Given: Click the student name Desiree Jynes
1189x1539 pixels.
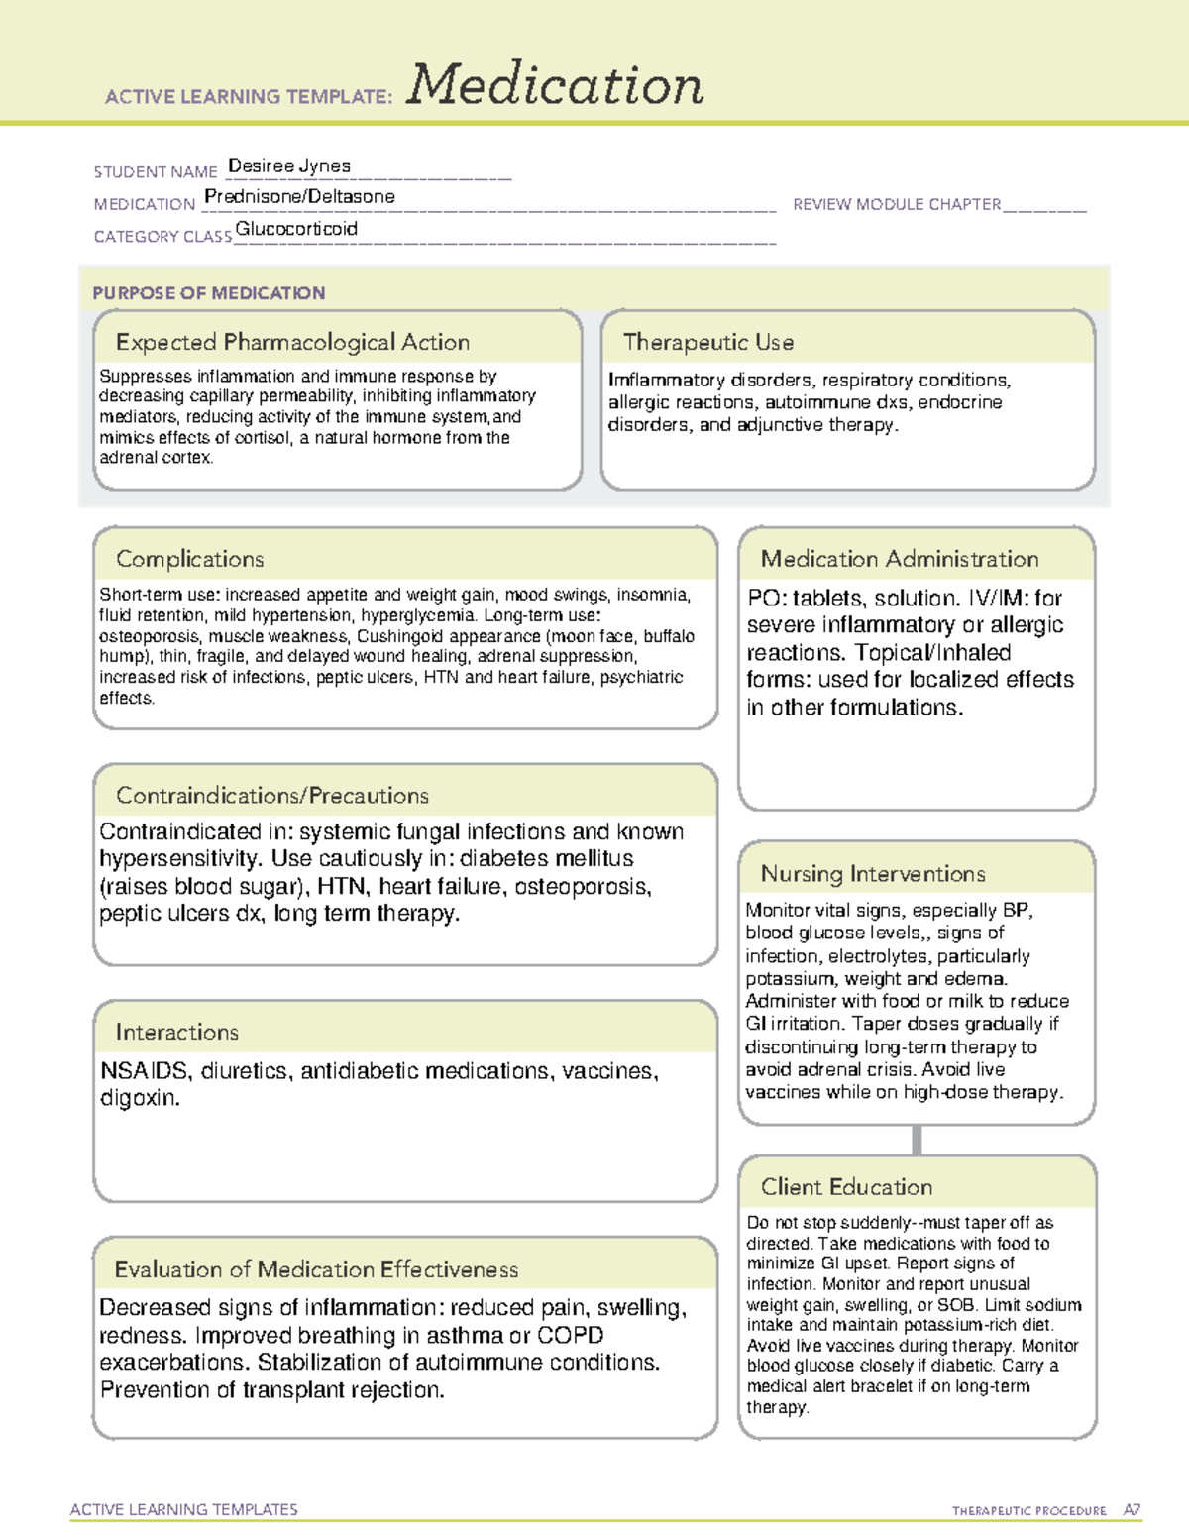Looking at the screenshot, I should click(x=289, y=165).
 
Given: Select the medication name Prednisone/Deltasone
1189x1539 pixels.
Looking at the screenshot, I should click(x=299, y=196).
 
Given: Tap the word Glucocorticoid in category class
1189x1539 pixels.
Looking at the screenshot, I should click(x=296, y=229).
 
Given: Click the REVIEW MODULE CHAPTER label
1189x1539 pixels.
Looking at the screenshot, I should click(x=896, y=204).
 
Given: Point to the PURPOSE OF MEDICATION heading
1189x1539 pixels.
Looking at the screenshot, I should click(x=208, y=293).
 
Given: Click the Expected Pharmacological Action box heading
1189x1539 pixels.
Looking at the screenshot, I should click(x=292, y=342).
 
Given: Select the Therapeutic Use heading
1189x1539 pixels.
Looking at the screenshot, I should click(x=707, y=342).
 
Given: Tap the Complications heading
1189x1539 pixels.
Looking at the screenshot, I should click(x=189, y=559).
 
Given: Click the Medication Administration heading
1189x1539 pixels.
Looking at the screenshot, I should click(x=899, y=559).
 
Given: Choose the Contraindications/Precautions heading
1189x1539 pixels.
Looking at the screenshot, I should click(x=271, y=795).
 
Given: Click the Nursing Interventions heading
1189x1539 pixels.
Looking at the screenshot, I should click(x=872, y=873).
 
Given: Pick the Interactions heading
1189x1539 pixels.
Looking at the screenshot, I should click(x=176, y=1032).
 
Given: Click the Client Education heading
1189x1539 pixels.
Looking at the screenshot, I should click(x=846, y=1186).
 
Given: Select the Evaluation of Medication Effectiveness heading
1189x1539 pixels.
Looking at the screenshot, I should click(x=316, y=1269).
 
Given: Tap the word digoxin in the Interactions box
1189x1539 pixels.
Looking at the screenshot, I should click(x=139, y=1098).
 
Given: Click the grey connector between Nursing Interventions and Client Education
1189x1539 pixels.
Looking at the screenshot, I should click(x=917, y=1140).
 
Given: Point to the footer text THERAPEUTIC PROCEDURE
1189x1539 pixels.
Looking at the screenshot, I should click(x=1028, y=1511).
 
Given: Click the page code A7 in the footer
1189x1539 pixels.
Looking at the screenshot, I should click(x=1132, y=1510).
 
